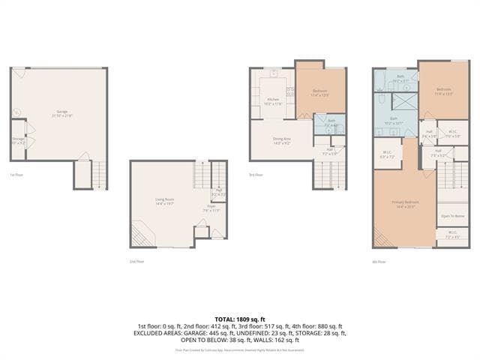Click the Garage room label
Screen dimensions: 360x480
pos(61,112)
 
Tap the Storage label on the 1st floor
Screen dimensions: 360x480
pos(18,141)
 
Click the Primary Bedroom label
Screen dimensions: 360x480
pos(404,205)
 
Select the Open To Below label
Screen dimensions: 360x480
pos(451,216)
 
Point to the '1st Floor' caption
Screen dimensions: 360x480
pos(16,175)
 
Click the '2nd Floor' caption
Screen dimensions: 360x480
pos(136,262)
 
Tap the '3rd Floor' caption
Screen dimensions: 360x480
pos(256,175)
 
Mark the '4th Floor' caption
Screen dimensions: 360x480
pos(380,262)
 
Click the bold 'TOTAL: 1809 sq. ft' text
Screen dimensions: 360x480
pos(239,319)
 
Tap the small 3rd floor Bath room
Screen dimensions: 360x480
pos(331,124)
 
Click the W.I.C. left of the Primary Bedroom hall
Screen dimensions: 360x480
pos(388,154)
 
